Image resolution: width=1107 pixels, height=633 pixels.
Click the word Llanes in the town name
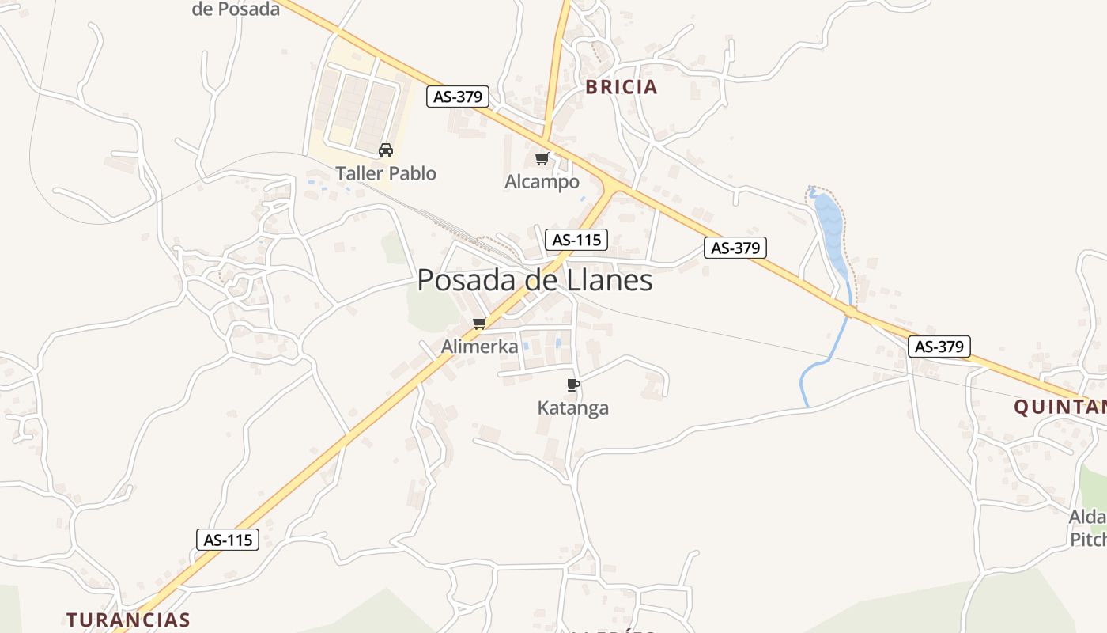610,280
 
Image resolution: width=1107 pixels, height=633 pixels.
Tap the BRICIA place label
622,87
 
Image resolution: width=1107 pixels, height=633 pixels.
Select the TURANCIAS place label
128,620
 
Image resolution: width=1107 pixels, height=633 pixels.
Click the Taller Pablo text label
386,173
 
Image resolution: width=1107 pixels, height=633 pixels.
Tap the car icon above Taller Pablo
386,150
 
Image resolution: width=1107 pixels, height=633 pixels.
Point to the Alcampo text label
542,182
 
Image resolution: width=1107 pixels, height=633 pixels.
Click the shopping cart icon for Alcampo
542,159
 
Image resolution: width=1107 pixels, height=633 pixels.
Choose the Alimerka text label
480,346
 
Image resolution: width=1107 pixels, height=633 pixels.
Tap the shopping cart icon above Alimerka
479,323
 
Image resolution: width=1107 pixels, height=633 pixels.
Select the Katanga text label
573,408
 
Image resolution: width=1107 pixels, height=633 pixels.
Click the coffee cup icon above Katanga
573,385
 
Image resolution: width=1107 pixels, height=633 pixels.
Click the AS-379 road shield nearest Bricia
458,97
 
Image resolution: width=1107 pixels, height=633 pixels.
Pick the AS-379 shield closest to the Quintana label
939,346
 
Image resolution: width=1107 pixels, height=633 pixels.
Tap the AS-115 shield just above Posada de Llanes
576,239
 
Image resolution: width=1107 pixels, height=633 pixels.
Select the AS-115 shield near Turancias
228,540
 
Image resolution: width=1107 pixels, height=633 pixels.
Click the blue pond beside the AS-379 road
830,229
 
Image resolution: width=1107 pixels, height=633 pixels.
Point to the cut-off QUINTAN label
1060,407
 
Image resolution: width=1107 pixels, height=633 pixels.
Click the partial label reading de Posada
236,9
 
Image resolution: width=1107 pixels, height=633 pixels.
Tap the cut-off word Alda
1088,517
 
